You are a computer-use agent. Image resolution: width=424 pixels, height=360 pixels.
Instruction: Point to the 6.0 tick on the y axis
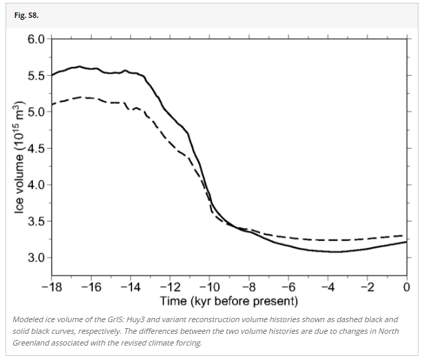point(36,39)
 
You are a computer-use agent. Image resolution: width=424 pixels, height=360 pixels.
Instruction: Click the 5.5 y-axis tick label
point(36,75)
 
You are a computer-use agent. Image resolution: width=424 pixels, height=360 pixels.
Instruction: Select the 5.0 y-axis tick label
point(36,112)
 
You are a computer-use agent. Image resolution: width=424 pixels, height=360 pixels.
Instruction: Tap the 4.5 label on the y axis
point(36,148)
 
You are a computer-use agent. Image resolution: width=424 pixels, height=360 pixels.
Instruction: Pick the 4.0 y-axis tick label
point(36,184)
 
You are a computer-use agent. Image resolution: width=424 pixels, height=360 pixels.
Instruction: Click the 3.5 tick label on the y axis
point(36,221)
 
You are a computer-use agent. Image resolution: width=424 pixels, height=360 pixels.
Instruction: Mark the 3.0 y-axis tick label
point(36,257)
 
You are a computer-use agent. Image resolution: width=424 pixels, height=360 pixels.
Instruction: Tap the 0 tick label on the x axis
point(407,286)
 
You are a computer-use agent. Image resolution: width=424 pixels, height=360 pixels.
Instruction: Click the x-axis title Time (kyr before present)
point(229,301)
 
